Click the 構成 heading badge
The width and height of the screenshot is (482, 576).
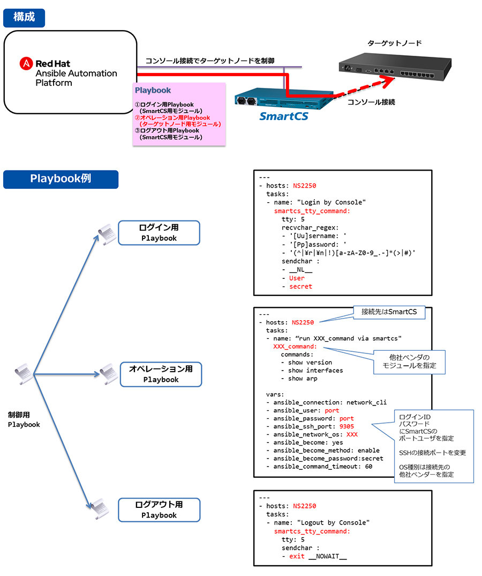click(24, 17)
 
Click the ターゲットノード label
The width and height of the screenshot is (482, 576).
click(395, 43)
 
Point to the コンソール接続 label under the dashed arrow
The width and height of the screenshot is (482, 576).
click(371, 102)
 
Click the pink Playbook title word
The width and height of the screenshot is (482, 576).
click(153, 91)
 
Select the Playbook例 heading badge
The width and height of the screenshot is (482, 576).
click(61, 179)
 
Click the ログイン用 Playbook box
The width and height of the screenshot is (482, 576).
click(159, 233)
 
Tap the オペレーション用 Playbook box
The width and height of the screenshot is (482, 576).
click(161, 374)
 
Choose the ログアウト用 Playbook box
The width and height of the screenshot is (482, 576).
click(159, 509)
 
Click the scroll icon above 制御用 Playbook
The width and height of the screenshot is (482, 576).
click(22, 372)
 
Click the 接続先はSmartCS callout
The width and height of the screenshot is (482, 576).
click(389, 312)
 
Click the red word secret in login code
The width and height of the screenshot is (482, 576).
click(300, 286)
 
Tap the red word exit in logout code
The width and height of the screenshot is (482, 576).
click(297, 556)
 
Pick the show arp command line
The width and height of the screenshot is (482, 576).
click(303, 379)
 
